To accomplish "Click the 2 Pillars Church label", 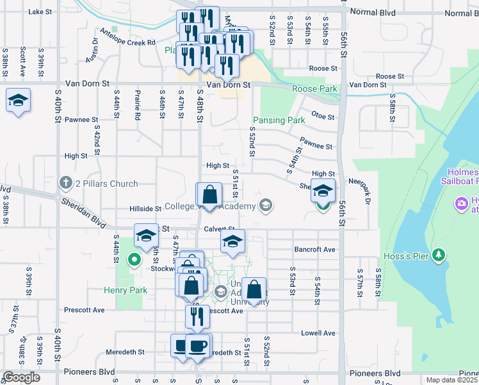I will point(106,184).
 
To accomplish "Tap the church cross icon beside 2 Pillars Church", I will point(65,184).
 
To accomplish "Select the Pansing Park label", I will point(279,120).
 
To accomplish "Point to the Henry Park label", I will point(126,290).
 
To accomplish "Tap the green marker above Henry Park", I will point(134,260).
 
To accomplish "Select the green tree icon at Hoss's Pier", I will point(439,255).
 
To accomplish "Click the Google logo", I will point(20,377).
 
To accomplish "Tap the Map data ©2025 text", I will point(451,380).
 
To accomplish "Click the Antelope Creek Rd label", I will point(127,37).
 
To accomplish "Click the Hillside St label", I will point(145,209).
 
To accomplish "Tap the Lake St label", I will point(40,12).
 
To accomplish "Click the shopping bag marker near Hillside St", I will point(209,194).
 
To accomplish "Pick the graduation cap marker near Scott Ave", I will point(19,101).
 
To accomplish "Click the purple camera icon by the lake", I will point(460,204).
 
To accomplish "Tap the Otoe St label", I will point(323,117).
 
